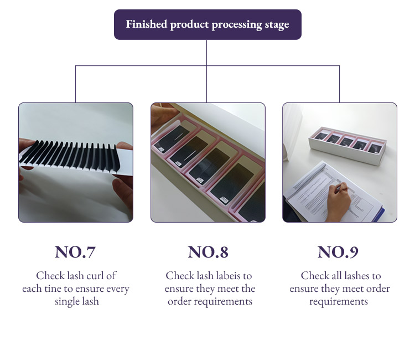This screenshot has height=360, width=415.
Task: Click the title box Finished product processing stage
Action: pyautogui.click(x=207, y=24)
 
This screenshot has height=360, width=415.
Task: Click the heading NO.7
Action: pyautogui.click(x=75, y=252)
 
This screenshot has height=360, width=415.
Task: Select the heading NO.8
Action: pyautogui.click(x=207, y=252)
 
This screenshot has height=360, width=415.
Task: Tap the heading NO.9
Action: pyautogui.click(x=338, y=252)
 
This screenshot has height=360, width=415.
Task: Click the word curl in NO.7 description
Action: pyautogui.click(x=103, y=276)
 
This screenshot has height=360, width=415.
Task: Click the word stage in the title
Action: pyautogui.click(x=275, y=24)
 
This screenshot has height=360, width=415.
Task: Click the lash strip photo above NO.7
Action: pyautogui.click(x=75, y=162)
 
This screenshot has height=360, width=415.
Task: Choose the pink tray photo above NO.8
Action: pyautogui.click(x=207, y=162)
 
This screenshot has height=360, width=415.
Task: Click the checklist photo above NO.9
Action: pyautogui.click(x=339, y=162)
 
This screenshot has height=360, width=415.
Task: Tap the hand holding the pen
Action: pyautogui.click(x=343, y=205)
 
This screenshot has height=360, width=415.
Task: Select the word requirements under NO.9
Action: pyautogui.click(x=338, y=302)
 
